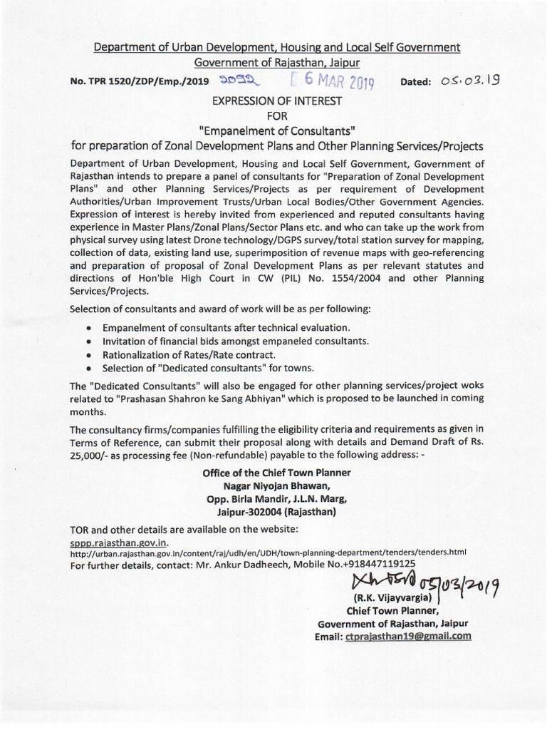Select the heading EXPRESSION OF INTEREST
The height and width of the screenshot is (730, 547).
(x=274, y=101)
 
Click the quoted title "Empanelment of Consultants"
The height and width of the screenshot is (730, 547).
(x=274, y=130)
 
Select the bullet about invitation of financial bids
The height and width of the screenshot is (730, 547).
(x=236, y=341)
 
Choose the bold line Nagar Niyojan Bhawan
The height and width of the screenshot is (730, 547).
(x=274, y=485)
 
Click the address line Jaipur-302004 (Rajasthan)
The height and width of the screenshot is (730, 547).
(x=274, y=512)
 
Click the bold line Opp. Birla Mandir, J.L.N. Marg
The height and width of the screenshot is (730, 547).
(x=274, y=499)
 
